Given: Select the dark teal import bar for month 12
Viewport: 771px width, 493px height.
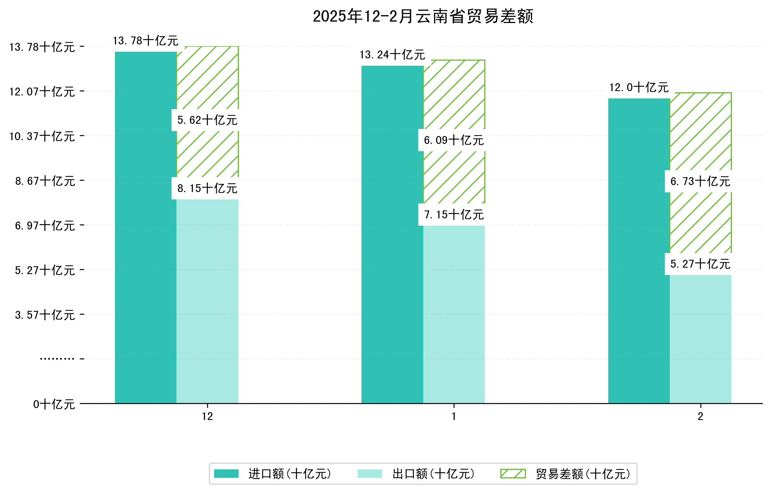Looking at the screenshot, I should (x=146, y=227).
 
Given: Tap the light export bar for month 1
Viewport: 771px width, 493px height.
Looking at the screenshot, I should (x=454, y=314).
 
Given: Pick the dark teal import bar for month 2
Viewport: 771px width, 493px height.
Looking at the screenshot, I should (x=639, y=250).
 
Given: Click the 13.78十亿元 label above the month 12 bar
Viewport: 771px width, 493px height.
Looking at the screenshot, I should (x=146, y=41).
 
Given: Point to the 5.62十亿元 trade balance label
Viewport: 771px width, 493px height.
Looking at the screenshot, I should (x=207, y=120).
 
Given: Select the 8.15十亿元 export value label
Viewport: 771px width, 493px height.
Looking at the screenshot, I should (x=207, y=188).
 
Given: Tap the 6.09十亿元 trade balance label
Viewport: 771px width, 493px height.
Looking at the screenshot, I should (x=454, y=140).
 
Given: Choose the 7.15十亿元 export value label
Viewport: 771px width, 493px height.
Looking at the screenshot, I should (x=454, y=215).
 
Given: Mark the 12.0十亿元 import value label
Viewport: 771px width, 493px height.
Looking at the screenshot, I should (x=639, y=88).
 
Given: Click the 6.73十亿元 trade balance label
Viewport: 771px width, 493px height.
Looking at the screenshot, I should (x=700, y=181).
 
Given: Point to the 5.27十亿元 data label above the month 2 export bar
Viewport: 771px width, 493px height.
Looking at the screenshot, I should (x=700, y=264).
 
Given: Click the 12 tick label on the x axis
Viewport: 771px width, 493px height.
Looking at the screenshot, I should (x=207, y=417).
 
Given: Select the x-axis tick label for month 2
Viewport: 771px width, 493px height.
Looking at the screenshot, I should (x=700, y=417).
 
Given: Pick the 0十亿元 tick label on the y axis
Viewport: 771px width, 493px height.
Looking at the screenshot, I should (x=54, y=404).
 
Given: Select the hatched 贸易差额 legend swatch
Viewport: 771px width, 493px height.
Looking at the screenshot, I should (x=513, y=473).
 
